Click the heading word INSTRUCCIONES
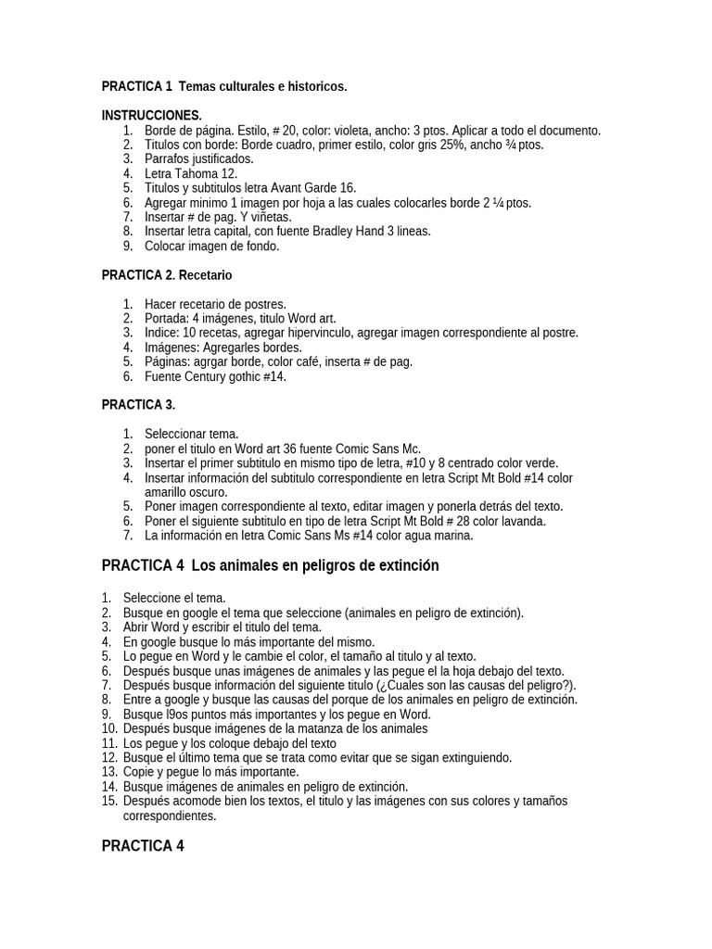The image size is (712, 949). click(x=151, y=116)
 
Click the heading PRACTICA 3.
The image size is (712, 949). click(x=138, y=405)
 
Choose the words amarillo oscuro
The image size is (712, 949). click(x=186, y=492)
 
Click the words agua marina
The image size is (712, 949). click(x=439, y=536)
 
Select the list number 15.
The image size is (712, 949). click(x=108, y=801)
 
